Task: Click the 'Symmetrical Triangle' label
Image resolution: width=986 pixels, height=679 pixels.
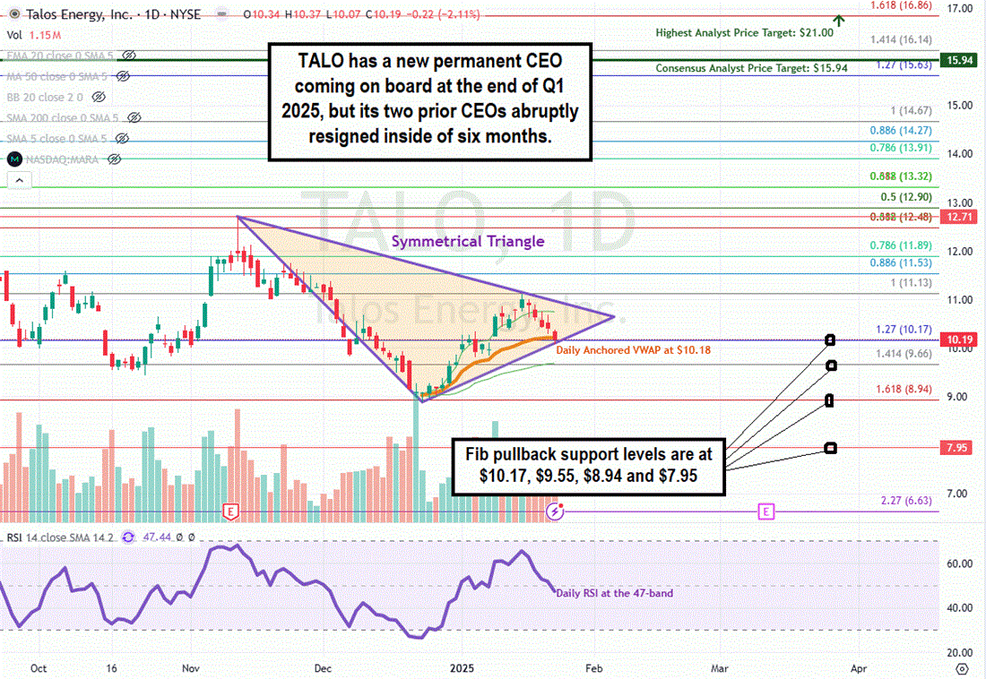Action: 467,241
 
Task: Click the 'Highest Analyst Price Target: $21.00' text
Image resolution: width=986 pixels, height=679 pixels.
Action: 744,32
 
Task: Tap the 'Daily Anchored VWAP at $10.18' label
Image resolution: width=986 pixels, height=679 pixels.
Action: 633,350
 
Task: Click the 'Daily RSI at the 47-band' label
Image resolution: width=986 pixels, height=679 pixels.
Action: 614,593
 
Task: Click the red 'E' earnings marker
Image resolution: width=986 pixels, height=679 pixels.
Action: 230,511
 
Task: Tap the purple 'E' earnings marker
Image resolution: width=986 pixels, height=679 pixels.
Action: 765,511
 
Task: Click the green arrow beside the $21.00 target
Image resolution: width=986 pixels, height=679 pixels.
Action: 839,20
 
